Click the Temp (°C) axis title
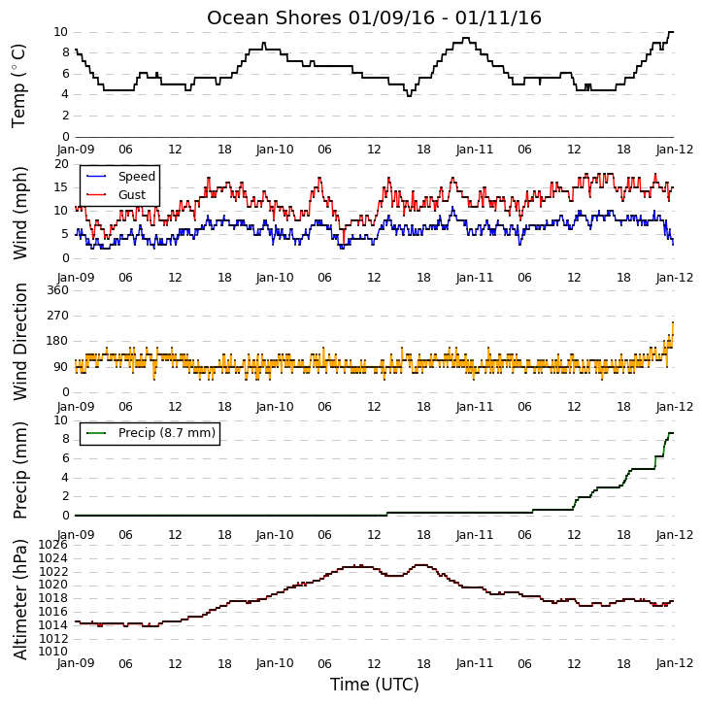[x=18, y=85]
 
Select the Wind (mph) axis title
[x=19, y=213]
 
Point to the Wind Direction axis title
[x=19, y=342]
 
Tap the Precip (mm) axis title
[x=19, y=470]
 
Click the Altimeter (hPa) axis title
[x=19, y=599]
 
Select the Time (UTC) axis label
[x=375, y=685]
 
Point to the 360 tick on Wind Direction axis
[x=58, y=290]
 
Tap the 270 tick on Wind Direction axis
[x=58, y=316]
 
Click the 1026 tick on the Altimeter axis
[x=52, y=545]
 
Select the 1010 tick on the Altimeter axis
[x=52, y=651]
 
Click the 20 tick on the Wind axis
[x=61, y=164]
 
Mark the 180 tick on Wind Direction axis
[x=58, y=341]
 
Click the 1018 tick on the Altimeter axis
[x=52, y=598]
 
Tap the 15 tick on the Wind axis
[x=61, y=187]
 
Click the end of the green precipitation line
[x=673, y=433]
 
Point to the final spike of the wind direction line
[x=673, y=322]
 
